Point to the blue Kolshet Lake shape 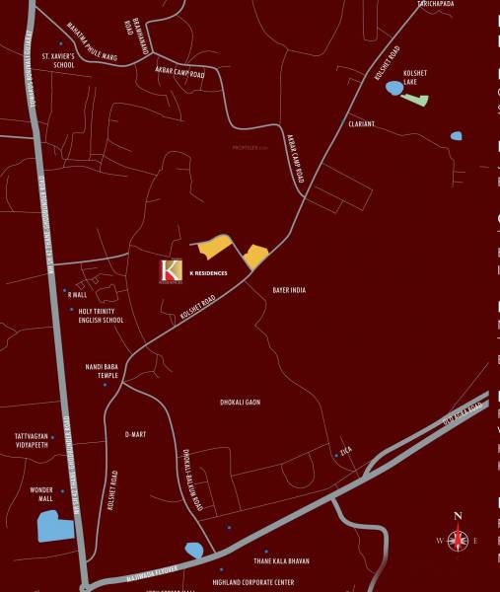click(x=394, y=89)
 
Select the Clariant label click(x=362, y=123)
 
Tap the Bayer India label click(x=290, y=290)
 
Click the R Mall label click(x=79, y=293)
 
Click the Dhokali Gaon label click(x=240, y=403)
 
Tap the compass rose click(x=458, y=540)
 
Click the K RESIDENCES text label click(x=207, y=272)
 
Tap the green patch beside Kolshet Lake click(x=417, y=99)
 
